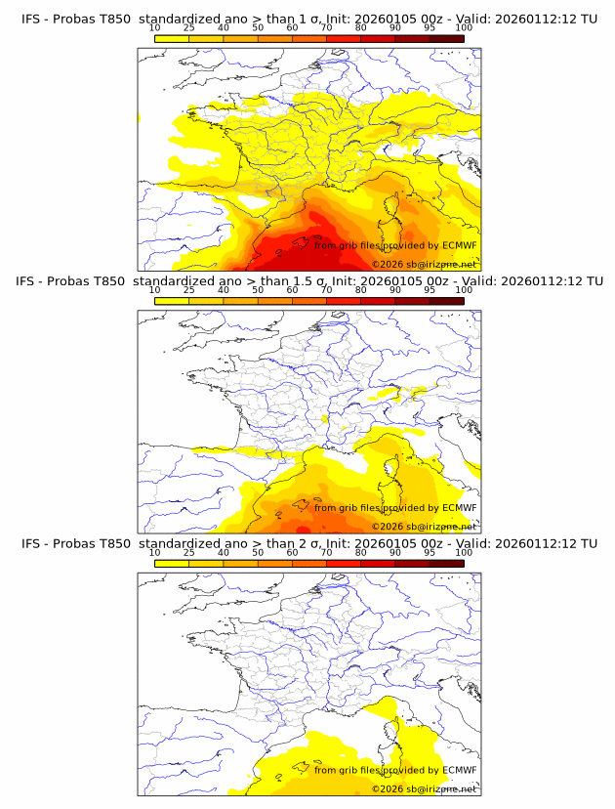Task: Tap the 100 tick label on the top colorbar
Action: click(464, 28)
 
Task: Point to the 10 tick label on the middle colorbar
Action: click(154, 290)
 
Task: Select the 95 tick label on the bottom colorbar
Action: click(430, 552)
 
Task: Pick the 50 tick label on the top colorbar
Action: click(258, 28)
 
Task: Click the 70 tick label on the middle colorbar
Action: click(326, 290)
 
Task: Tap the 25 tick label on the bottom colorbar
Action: click(188, 552)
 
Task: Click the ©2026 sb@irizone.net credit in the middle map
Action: click(425, 527)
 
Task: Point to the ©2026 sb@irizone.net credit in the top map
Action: click(425, 265)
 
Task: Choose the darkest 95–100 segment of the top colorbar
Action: click(446, 38)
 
